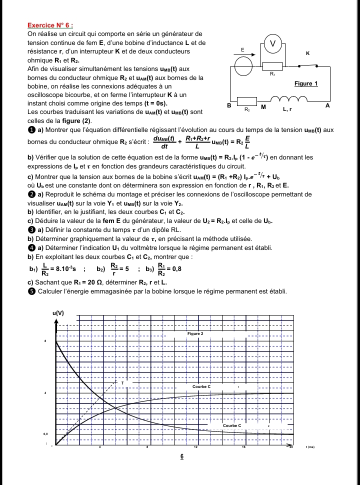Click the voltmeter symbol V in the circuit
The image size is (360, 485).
273,43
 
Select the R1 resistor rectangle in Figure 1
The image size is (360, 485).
272,66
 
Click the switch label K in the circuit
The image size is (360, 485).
307,52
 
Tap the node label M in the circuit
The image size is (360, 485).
263,107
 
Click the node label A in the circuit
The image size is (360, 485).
327,105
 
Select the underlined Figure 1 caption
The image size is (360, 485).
306,83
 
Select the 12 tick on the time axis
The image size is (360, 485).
195,447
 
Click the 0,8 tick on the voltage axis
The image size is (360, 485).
45,434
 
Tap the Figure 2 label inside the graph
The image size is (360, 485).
195,333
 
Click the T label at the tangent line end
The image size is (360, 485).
122,382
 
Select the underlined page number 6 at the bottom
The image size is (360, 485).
182,456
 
